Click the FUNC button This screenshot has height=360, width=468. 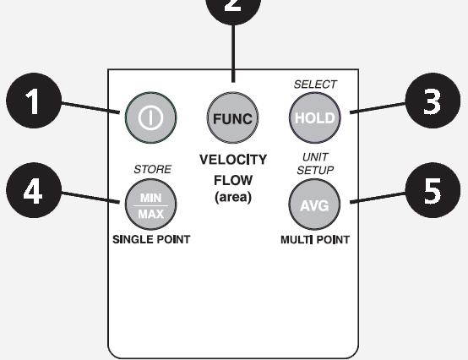[x=233, y=118]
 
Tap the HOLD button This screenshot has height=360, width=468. [x=315, y=118]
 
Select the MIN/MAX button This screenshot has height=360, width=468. [x=150, y=205]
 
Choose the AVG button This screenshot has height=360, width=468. [x=314, y=205]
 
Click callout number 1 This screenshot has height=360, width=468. [x=34, y=101]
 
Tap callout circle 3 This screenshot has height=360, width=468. [x=433, y=101]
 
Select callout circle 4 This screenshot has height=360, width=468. [x=34, y=190]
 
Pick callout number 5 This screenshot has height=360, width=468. [x=433, y=190]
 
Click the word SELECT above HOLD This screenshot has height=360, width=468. [x=315, y=85]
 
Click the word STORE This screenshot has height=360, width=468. [x=153, y=169]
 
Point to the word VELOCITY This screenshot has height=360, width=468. [x=233, y=160]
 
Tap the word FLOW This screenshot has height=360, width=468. [x=233, y=180]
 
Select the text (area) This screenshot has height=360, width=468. [x=233, y=197]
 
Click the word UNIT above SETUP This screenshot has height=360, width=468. [x=315, y=156]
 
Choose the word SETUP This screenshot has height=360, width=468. [x=315, y=170]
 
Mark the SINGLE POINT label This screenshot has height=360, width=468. [x=151, y=239]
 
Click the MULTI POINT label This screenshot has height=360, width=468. [x=315, y=240]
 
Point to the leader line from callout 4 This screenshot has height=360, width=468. [x=90, y=198]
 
